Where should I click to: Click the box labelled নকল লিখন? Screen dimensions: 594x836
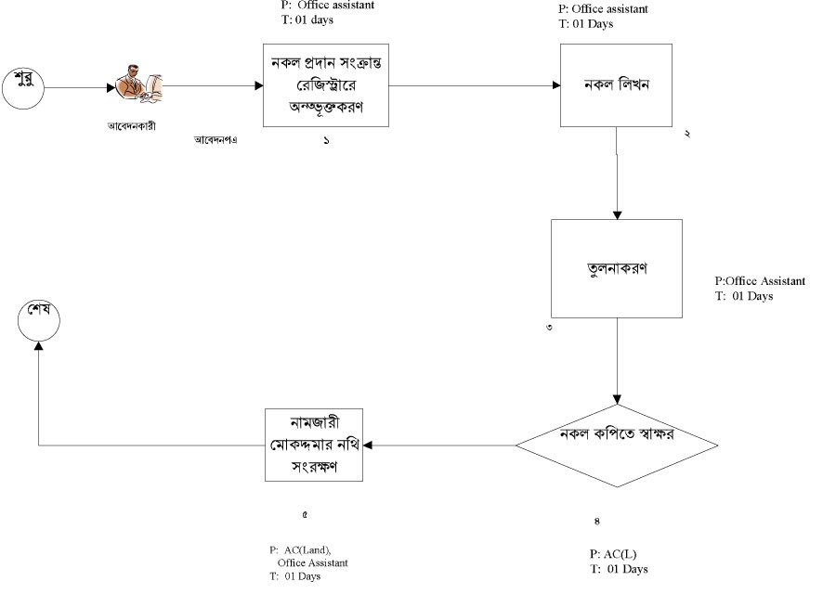616,85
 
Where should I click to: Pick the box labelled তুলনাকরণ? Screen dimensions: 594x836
616,269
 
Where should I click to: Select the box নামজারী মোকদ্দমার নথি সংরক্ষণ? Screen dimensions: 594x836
314,445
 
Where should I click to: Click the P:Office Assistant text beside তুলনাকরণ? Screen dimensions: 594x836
760,281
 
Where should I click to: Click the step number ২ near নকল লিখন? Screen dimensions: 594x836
686,135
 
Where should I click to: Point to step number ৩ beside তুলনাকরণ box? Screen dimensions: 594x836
549,328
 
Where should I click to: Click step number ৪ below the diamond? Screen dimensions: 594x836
596,521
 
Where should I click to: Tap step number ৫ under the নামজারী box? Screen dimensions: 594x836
305,513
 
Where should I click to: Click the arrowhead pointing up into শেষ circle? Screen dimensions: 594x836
38,344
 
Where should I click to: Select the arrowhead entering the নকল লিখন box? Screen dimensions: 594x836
555,86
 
